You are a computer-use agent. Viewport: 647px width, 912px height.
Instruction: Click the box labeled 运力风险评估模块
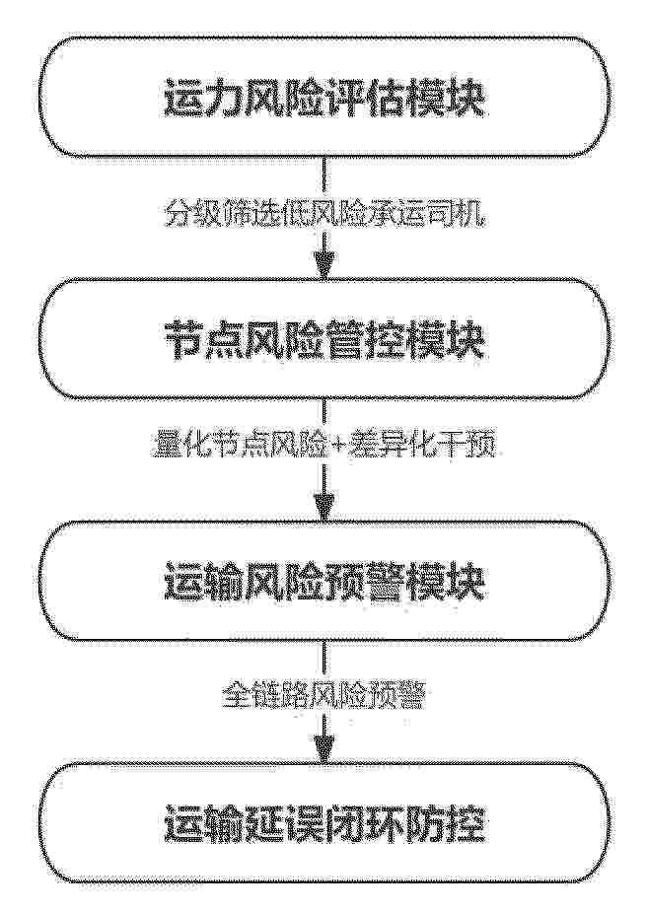323,98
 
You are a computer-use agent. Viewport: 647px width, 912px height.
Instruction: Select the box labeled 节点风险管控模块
323,339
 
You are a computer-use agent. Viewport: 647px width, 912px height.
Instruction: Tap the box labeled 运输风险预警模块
323,582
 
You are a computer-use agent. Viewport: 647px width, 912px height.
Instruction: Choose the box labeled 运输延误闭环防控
323,824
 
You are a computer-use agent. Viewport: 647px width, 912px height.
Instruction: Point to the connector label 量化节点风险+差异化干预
323,449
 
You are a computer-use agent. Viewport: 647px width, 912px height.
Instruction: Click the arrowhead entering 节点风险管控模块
323,267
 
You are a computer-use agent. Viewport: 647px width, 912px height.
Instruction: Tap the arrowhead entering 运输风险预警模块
323,509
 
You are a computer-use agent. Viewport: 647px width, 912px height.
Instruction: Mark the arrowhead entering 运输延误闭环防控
323,750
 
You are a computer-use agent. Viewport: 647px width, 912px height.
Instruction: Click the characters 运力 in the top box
203,98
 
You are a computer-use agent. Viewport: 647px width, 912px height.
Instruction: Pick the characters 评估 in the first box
364,98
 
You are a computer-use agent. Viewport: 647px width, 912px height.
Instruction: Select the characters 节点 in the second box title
203,340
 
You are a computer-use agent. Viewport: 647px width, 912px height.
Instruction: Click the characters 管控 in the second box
364,340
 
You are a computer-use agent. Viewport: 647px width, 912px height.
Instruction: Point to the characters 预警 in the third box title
364,582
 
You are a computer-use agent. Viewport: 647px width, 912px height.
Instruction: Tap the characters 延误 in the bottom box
283,825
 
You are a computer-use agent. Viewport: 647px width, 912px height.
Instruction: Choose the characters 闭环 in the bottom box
364,825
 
